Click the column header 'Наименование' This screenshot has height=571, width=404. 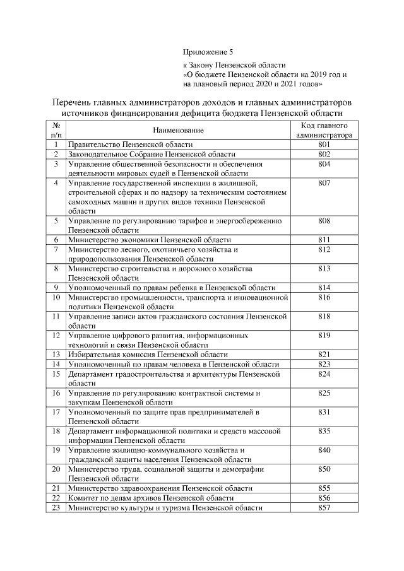179,130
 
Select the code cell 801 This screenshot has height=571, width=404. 324,144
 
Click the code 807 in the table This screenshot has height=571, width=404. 324,183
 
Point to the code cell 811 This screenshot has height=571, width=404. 324,240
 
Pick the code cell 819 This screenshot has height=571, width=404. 324,335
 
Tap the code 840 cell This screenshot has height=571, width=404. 324,449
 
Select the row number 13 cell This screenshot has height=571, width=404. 56,355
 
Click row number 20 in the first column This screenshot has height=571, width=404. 56,469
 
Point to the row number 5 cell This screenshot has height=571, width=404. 56,221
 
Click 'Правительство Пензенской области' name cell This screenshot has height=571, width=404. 130,144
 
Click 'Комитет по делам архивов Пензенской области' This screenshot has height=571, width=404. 146,498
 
